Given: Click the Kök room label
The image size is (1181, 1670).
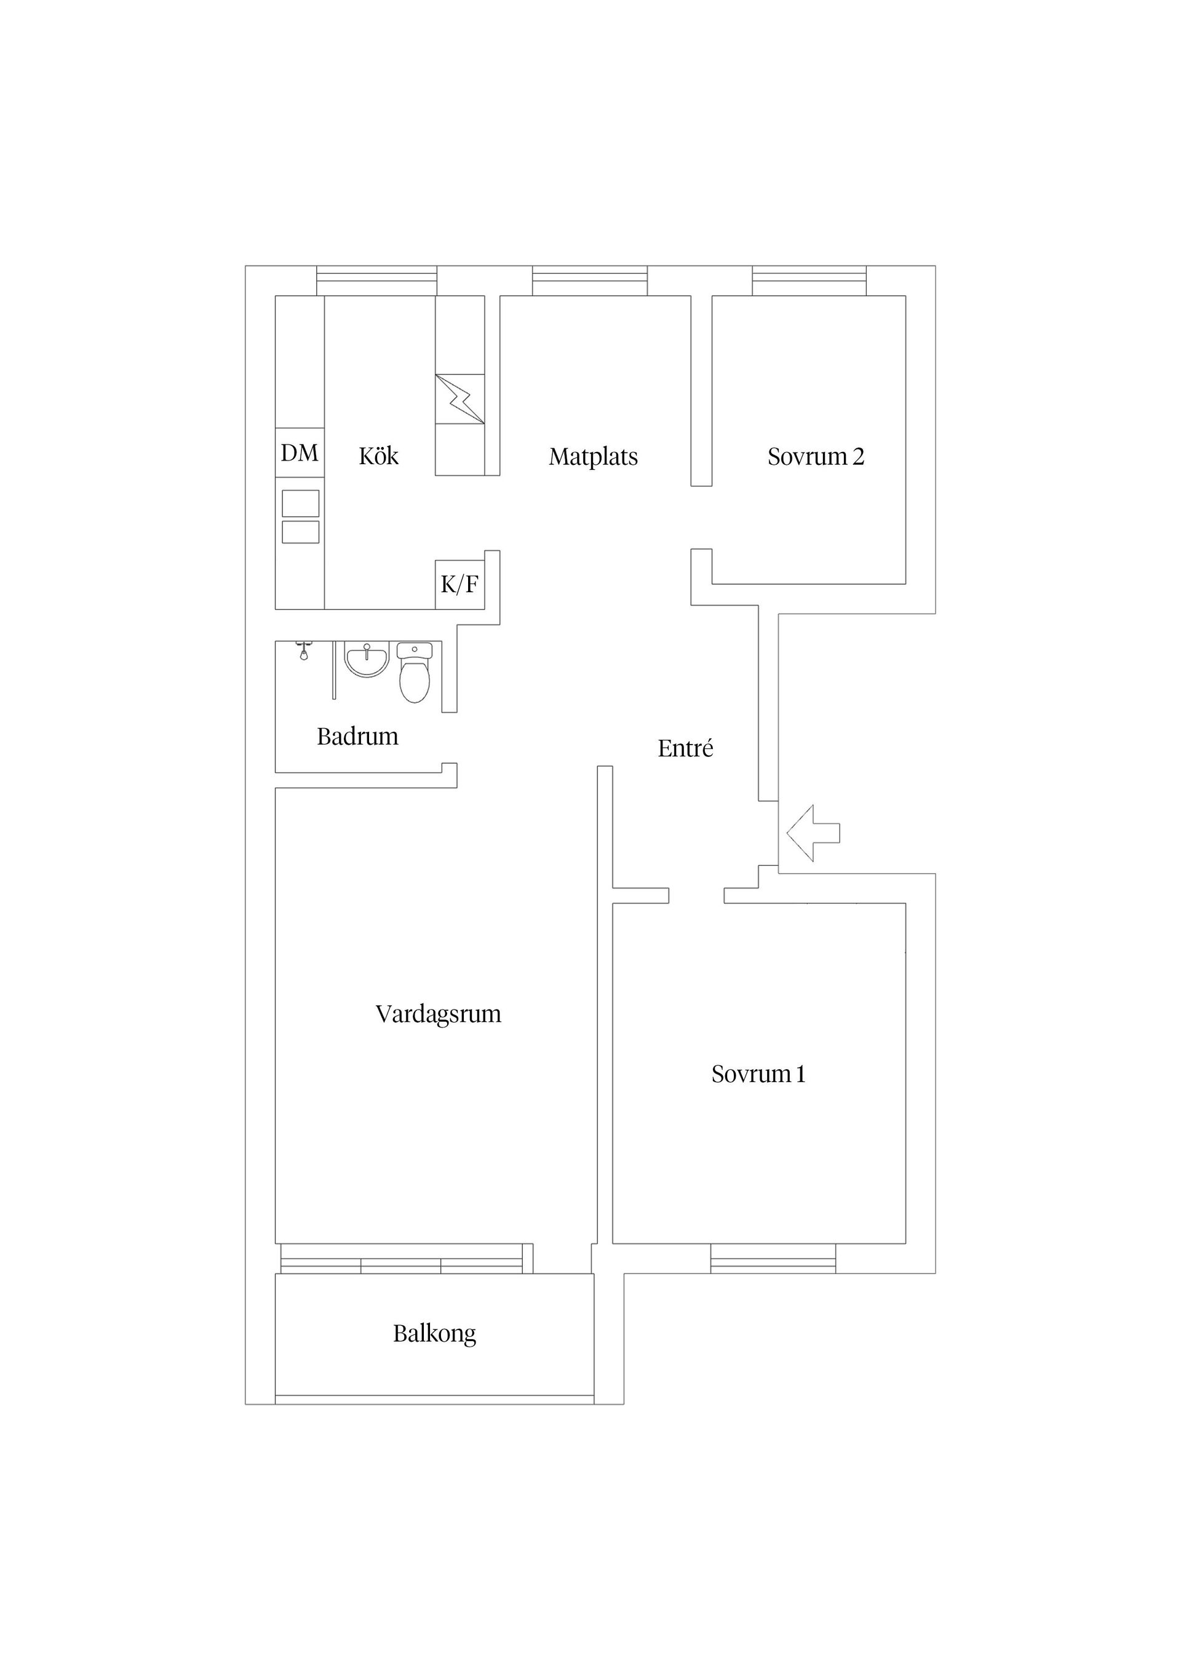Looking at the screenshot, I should point(378,456).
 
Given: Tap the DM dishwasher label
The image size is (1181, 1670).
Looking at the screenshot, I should point(299,453).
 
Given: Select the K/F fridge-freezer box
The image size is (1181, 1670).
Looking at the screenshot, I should point(460,584).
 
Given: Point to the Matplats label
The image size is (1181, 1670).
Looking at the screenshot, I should point(593,457).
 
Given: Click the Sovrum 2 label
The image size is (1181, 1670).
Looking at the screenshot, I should point(816,457).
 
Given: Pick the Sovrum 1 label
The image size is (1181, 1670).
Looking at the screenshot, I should point(758,1074).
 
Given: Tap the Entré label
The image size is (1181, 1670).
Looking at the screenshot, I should point(685,748).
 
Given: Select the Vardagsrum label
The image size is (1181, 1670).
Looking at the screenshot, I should point(438,1014).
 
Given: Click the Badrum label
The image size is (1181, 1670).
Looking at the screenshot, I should point(357,737).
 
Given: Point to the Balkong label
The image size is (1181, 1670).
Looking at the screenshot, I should point(434,1333).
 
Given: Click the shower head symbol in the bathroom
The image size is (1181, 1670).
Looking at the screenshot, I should point(304,651).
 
